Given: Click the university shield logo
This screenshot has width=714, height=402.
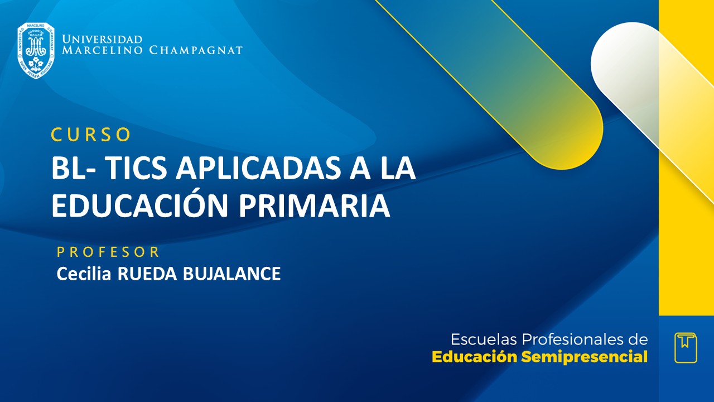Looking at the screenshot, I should (36, 50).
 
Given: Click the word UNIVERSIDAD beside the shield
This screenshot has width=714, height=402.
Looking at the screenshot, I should (102, 40).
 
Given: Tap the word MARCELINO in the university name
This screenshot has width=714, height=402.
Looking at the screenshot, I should (103, 51).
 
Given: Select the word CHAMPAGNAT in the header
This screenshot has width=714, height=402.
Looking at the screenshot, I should (196, 51).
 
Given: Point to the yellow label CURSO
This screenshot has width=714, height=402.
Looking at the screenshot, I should (91, 135).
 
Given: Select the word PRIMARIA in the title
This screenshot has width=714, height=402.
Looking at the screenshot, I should (315, 205).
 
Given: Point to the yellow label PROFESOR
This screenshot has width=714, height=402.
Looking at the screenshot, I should (108, 252).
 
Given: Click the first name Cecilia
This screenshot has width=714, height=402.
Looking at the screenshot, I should (83, 274).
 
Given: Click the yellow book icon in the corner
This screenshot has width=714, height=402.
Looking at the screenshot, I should (686, 347).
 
